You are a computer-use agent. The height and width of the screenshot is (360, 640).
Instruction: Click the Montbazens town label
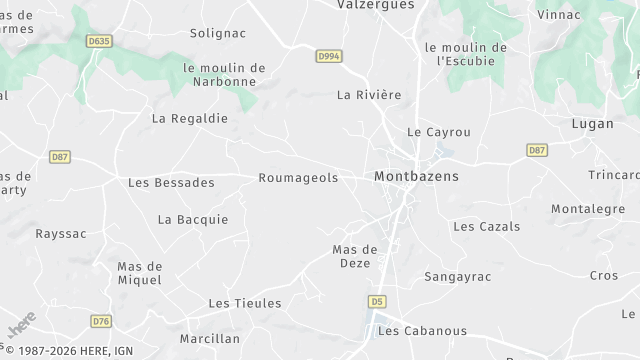416,176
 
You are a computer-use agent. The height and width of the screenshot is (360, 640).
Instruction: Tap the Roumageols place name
298,178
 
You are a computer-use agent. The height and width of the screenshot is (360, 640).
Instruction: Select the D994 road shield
329,57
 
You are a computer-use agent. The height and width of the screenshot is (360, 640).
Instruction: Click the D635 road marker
98,41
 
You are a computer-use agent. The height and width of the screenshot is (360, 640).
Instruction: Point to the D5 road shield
377,300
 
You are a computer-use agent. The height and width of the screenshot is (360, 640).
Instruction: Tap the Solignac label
218,33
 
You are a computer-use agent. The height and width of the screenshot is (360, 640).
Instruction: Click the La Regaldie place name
190,118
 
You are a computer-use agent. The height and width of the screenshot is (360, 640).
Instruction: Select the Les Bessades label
171,183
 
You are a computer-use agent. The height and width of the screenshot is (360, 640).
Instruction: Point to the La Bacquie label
193,220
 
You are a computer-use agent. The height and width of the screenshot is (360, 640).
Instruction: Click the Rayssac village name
61,234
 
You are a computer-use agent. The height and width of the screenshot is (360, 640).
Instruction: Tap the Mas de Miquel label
140,273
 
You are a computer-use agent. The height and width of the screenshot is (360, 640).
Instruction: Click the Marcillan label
210,338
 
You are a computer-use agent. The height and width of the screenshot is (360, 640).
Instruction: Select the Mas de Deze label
354,256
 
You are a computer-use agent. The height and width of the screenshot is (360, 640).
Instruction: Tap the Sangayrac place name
456,276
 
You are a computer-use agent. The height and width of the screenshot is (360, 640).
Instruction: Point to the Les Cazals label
487,227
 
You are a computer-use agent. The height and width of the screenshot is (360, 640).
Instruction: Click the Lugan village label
592,124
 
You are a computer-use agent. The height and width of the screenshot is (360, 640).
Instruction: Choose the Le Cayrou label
439,132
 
